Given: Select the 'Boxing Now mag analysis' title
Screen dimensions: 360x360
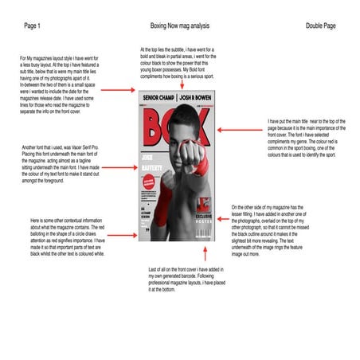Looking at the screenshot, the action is click(x=180, y=27).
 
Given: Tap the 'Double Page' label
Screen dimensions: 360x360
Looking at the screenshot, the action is click(x=321, y=27).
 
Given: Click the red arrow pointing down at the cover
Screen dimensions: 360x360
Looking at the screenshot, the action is click(x=180, y=80).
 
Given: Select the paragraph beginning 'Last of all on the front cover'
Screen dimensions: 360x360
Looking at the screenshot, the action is click(x=182, y=280).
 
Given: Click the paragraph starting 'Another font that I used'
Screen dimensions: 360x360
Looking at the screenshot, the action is click(x=60, y=162).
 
